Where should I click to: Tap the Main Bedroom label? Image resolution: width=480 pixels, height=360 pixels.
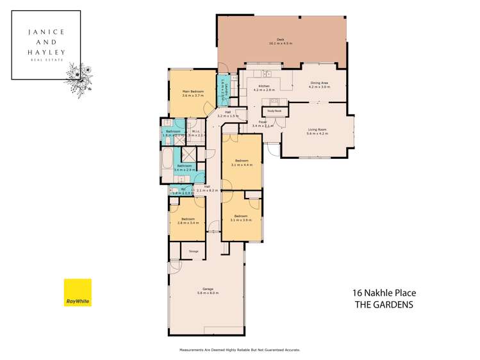(x=193, y=93)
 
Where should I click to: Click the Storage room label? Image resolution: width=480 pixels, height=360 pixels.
(x=193, y=251)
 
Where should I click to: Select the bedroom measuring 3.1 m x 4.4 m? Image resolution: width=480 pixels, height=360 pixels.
(x=242, y=161)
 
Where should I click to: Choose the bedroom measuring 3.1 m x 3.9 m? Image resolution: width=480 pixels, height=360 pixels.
(x=241, y=218)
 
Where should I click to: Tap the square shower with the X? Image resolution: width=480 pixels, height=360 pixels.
(x=190, y=154)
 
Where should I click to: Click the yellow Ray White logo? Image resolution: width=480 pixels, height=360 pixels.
(x=78, y=293)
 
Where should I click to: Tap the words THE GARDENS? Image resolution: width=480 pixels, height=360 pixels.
(x=384, y=305)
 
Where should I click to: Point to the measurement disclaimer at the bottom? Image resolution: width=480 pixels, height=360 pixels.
(x=240, y=350)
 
